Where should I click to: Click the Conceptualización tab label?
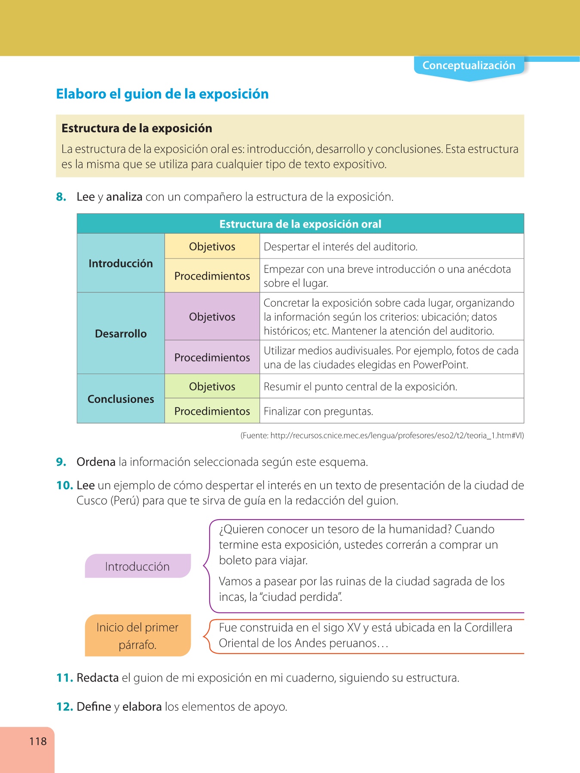coord(469,66)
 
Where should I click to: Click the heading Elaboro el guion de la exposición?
coord(162,94)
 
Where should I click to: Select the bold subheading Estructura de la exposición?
coord(137,128)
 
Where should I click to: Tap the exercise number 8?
coord(61,197)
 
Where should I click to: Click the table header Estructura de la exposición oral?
coord(300,224)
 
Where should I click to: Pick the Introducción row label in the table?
coord(121,264)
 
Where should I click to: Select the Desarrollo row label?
coord(121,334)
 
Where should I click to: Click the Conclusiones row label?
coord(121,399)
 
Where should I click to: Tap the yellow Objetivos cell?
coord(212,247)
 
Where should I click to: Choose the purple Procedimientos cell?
coord(212,357)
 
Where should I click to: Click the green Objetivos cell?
coord(212,386)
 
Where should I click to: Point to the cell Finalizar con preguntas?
coord(318,411)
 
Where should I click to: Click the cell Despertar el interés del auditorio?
coord(341,247)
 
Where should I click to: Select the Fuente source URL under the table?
coord(382,435)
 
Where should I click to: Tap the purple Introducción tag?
coord(137,566)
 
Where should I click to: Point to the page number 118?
coord(38,741)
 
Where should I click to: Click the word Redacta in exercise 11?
coord(98,678)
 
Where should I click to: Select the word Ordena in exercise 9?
coord(96,462)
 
